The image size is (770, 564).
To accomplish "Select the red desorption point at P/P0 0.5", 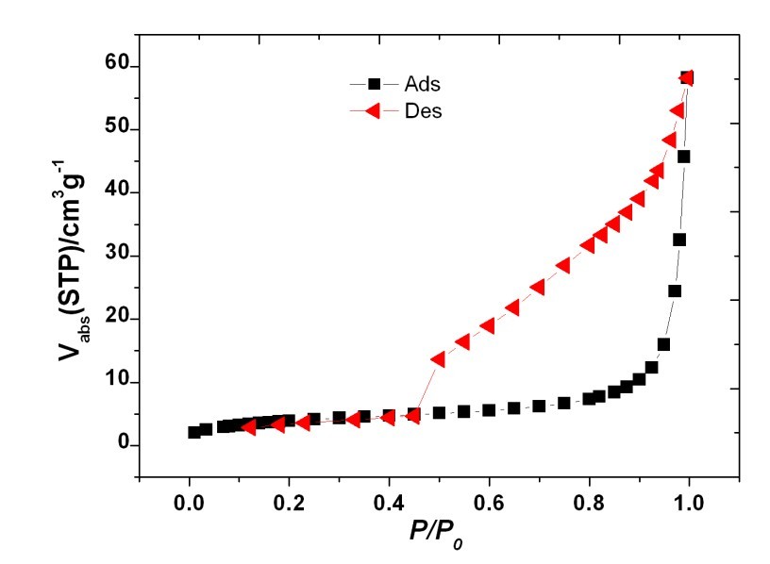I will [439, 359].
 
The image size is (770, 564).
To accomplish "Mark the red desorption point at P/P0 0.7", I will [538, 287].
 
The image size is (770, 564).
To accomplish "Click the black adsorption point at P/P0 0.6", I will [489, 410].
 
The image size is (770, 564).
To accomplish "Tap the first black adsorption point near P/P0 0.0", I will [194, 432].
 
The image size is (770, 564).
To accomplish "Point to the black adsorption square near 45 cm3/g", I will [684, 157].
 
